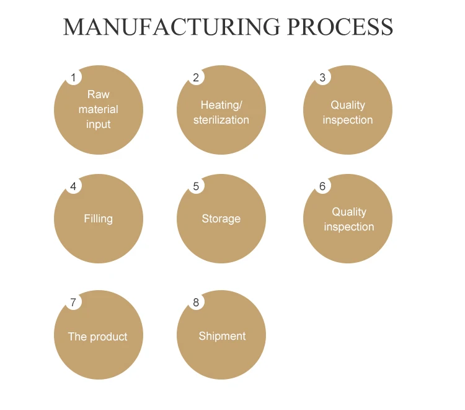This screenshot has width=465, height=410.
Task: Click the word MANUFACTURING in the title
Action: [x=172, y=27]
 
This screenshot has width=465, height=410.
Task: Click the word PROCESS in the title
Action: [x=340, y=27]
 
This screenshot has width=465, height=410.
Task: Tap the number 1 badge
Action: [x=73, y=78]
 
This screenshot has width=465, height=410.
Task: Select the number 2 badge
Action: [x=196, y=78]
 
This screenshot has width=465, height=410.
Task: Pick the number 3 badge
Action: [x=322, y=78]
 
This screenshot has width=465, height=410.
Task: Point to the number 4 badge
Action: [x=73, y=186]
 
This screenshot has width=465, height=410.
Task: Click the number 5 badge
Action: [x=196, y=186]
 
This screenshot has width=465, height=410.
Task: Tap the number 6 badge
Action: [x=322, y=186]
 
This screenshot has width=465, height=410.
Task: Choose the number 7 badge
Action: [x=73, y=303]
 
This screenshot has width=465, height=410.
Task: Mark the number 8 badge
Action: [x=196, y=303]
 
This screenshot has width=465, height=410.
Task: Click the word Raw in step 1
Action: [x=98, y=94]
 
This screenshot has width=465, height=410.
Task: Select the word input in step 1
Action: [x=98, y=124]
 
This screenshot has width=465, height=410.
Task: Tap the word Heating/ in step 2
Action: [x=221, y=105]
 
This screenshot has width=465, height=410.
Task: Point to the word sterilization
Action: [x=221, y=120]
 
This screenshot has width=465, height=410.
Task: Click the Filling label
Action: [x=98, y=219]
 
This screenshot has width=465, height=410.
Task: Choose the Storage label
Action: [x=221, y=219]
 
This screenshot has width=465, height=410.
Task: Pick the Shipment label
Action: [x=222, y=336]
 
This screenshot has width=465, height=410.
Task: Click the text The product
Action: [x=97, y=337]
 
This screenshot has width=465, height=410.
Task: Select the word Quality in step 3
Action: [x=348, y=105]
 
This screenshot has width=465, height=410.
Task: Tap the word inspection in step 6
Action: [x=349, y=227]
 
